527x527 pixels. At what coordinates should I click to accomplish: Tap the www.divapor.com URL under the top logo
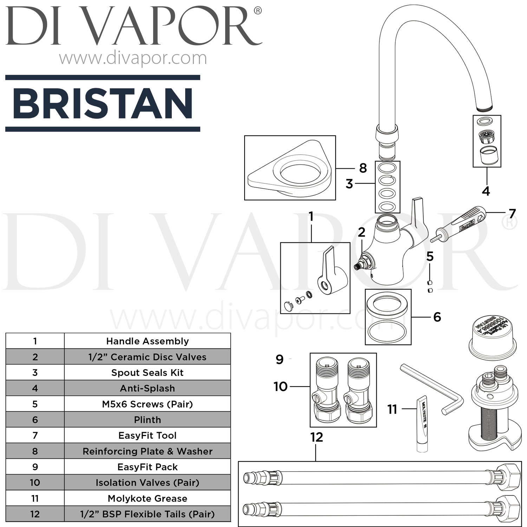[133, 58]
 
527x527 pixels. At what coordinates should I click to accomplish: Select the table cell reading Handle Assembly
[147, 341]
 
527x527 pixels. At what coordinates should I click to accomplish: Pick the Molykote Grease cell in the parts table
[147, 498]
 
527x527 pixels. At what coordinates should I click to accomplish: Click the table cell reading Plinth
[147, 420]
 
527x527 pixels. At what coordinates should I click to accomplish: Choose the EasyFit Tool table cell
[147, 436]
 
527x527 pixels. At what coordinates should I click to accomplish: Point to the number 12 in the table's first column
[35, 514]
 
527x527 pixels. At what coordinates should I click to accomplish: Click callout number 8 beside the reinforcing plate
[363, 168]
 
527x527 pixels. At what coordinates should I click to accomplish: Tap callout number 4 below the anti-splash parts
[486, 191]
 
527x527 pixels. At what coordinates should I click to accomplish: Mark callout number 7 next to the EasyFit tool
[512, 214]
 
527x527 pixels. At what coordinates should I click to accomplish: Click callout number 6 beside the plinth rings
[437, 317]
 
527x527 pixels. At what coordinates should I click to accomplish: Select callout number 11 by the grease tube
[392, 409]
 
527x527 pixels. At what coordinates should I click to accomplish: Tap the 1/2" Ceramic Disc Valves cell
[147, 357]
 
